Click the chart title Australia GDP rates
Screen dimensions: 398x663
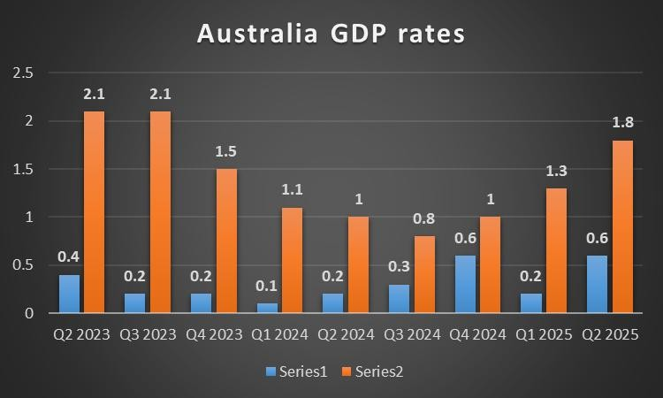coord(331,34)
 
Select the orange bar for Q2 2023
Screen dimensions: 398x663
coord(94,211)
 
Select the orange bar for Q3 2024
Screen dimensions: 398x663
coord(423,274)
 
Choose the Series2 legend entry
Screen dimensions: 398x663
coord(372,372)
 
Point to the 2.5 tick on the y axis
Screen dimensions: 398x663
coord(21,73)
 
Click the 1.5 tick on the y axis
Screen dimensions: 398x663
coord(21,169)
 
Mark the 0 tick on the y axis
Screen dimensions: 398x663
coord(27,313)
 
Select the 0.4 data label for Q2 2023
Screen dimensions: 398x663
coord(68,257)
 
